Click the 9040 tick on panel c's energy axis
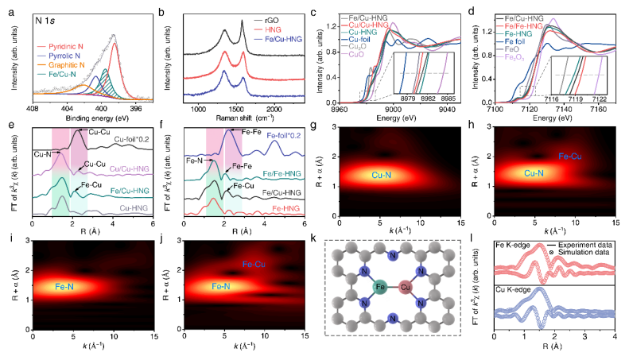click(x=445, y=108)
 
